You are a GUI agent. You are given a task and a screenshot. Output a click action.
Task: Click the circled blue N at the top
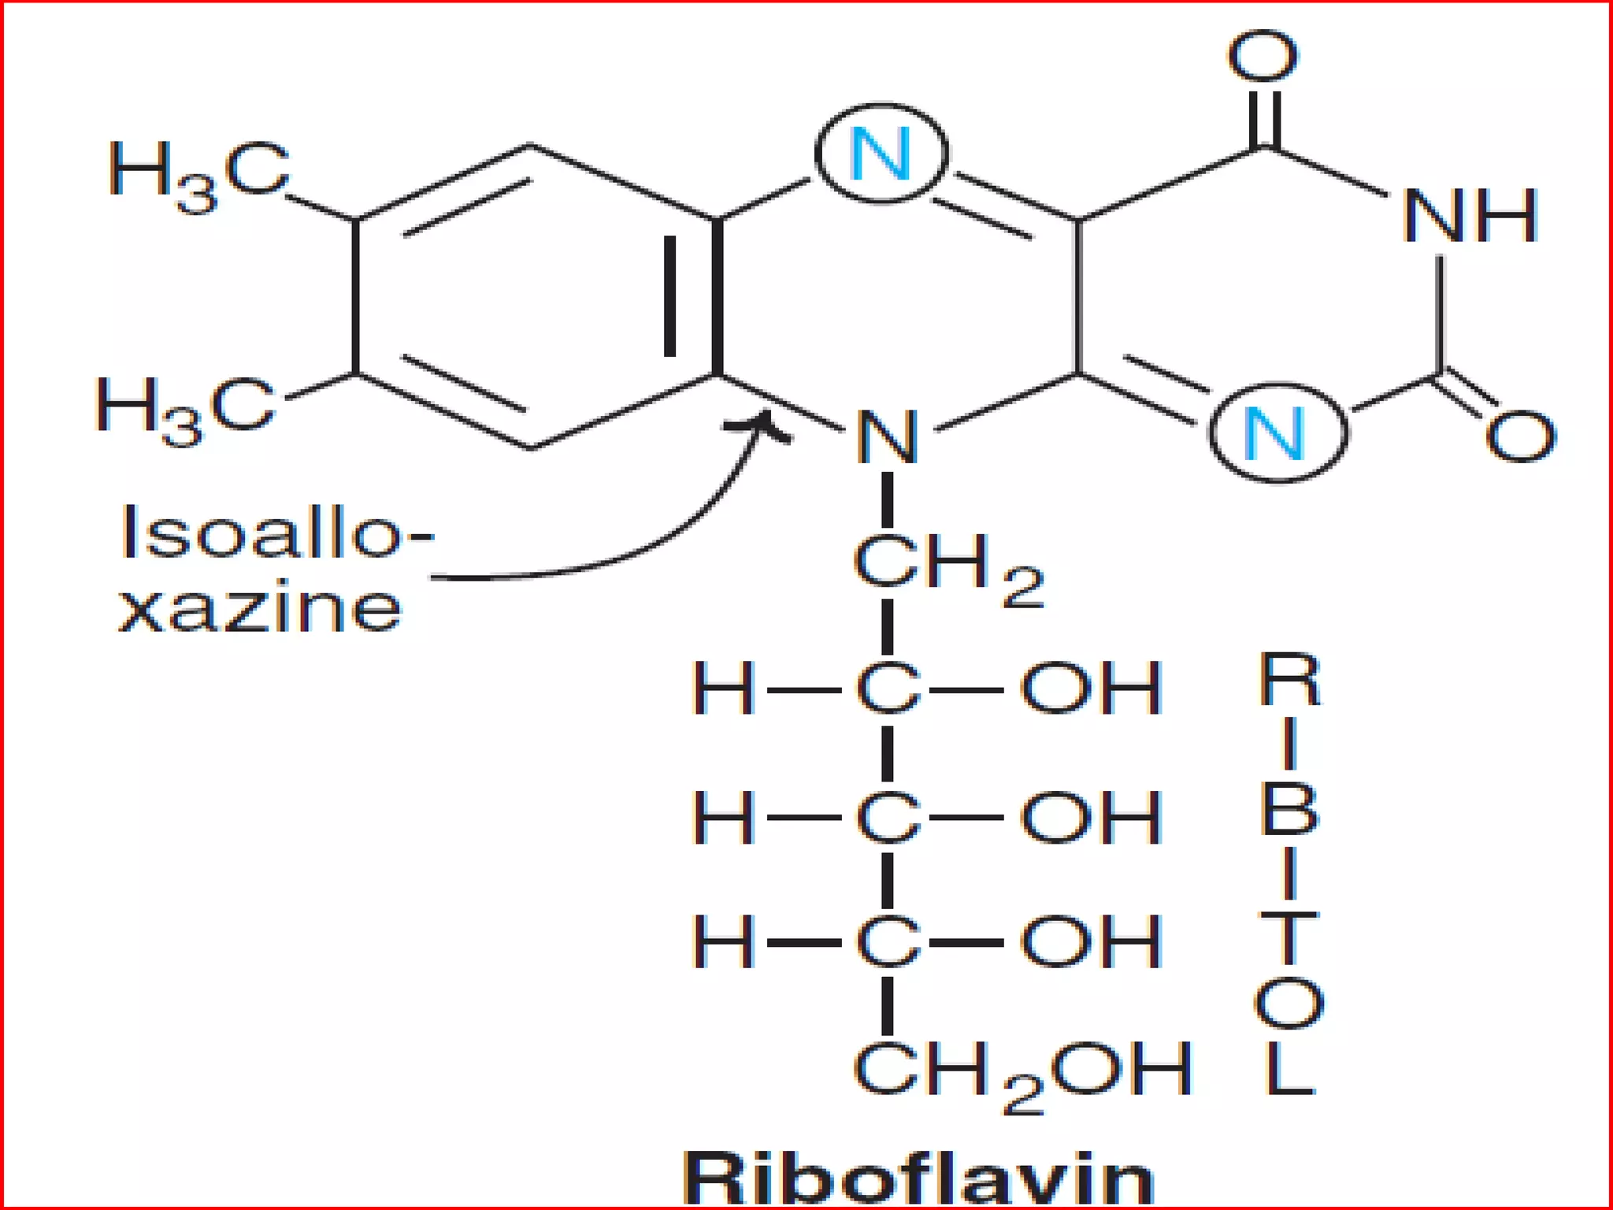881,154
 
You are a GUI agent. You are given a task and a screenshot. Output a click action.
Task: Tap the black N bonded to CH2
888,437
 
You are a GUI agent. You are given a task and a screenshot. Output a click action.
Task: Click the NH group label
1470,216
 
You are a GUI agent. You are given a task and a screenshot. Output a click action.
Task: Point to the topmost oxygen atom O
1263,57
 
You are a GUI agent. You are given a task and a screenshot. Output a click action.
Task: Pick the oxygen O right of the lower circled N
1520,436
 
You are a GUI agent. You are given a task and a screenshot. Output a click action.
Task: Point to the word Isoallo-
276,533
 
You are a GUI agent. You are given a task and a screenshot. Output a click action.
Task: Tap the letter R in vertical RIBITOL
1289,679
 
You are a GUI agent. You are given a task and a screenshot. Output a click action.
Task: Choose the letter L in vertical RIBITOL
1289,1070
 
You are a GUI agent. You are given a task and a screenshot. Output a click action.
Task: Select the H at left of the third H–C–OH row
723,941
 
